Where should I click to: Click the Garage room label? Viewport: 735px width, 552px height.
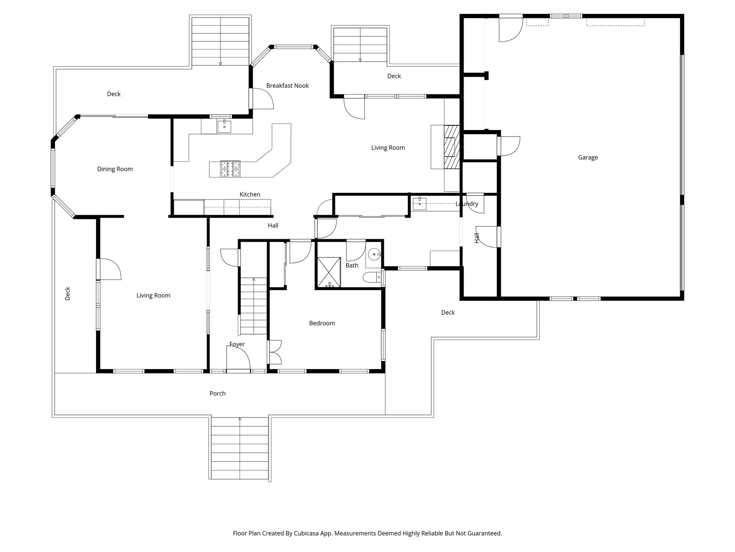[588, 157]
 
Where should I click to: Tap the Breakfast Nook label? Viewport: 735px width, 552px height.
[287, 85]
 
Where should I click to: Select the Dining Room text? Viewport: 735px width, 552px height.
[115, 169]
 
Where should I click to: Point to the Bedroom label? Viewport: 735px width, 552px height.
[322, 323]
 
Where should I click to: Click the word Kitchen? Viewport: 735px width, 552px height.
[250, 194]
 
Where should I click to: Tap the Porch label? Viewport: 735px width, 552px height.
[217, 393]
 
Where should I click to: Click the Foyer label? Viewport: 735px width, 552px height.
[237, 344]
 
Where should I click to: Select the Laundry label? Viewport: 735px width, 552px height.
[467, 204]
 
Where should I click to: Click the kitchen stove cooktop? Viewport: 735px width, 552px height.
[230, 169]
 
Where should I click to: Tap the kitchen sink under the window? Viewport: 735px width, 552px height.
[224, 126]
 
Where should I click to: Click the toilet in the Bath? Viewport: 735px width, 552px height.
[371, 277]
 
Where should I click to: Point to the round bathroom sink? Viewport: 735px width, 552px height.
[374, 254]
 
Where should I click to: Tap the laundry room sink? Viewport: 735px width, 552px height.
[420, 202]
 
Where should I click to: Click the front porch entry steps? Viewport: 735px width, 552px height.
[240, 447]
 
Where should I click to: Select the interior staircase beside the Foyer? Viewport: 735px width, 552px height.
[253, 306]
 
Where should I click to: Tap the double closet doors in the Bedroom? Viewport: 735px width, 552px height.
[275, 352]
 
